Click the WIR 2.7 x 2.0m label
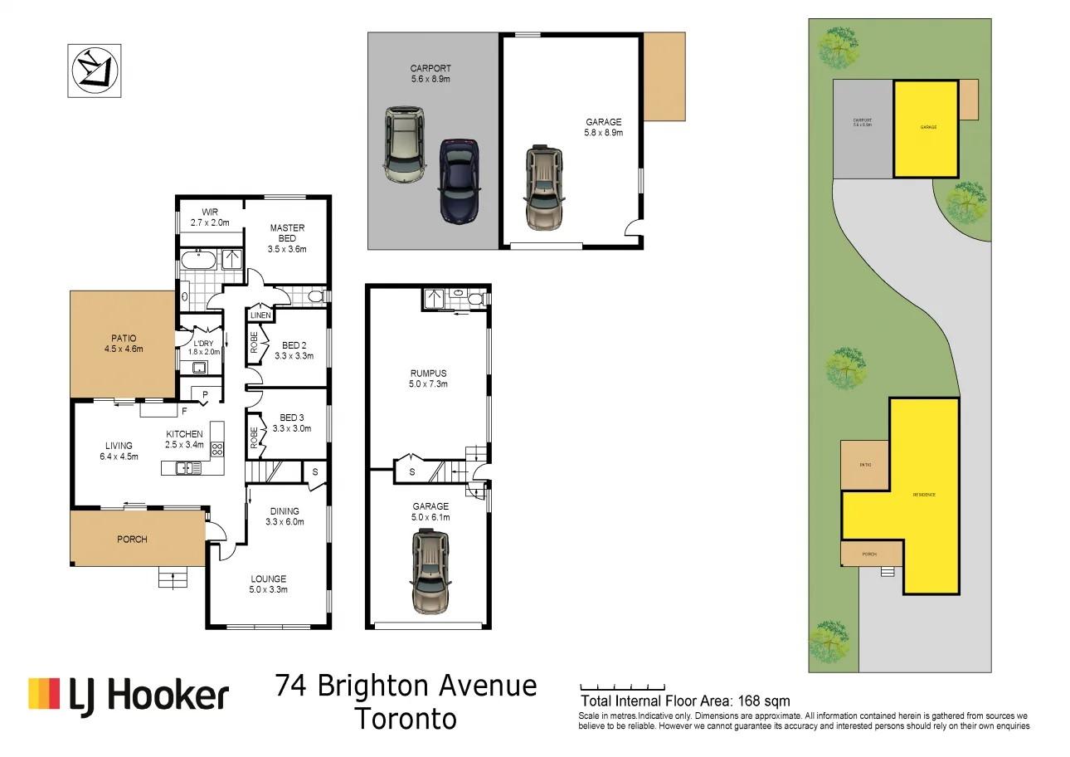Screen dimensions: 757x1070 pyautogui.click(x=209, y=217)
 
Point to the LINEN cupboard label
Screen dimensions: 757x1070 pyautogui.click(x=260, y=315)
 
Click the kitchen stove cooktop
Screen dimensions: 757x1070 pyautogui.click(x=217, y=450)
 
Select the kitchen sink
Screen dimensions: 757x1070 pyautogui.click(x=187, y=468)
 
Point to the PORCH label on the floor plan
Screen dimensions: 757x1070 pyautogui.click(x=132, y=540)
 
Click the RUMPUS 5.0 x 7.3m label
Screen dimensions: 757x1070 pyautogui.click(x=428, y=378)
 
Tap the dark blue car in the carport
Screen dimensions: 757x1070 pyautogui.click(x=460, y=179)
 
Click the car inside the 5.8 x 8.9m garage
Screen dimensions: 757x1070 pyautogui.click(x=543, y=188)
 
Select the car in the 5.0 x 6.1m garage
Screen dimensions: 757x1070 pyautogui.click(x=430, y=572)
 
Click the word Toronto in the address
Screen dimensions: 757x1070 pyautogui.click(x=406, y=719)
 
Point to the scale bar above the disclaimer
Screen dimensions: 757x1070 pyautogui.click(x=622, y=687)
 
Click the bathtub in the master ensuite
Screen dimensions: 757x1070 pyautogui.click(x=199, y=260)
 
